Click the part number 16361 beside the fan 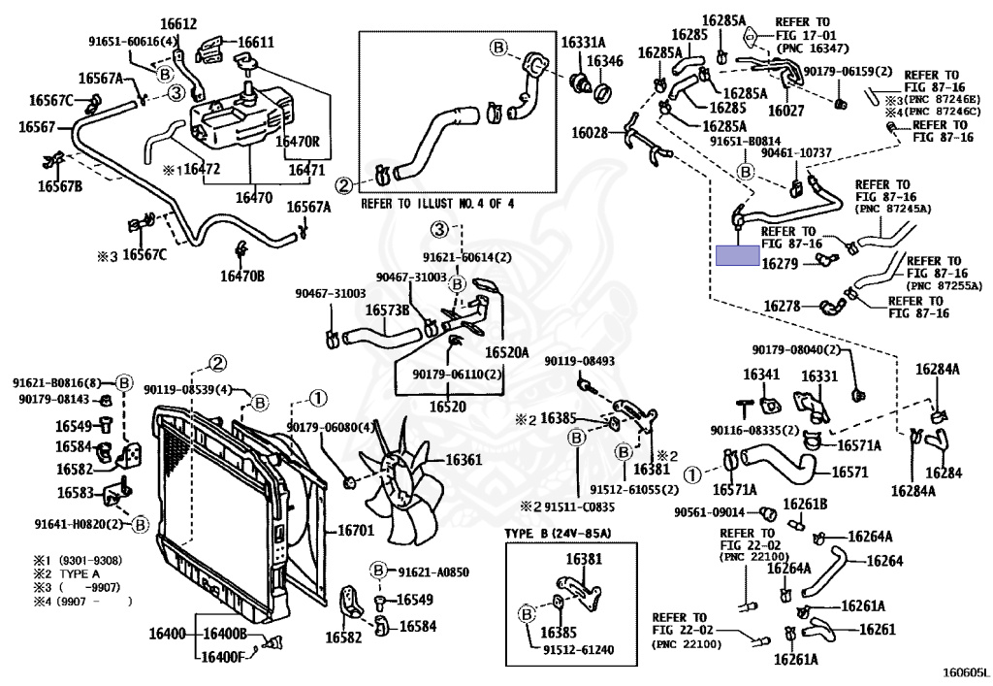point(464,460)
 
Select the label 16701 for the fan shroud point(355,530)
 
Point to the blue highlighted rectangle point(737,255)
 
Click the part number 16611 point(256,43)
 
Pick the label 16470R point(297,142)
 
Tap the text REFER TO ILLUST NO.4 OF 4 point(437,204)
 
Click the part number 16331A point(583,43)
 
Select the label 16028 point(590,132)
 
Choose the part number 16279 point(780,263)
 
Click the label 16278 point(783,306)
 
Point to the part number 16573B point(387,310)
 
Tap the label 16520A point(506,352)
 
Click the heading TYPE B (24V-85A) point(558,534)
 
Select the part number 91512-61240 point(579,649)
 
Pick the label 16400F point(222,657)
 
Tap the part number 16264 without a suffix point(884,561)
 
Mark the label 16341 point(761,375)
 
